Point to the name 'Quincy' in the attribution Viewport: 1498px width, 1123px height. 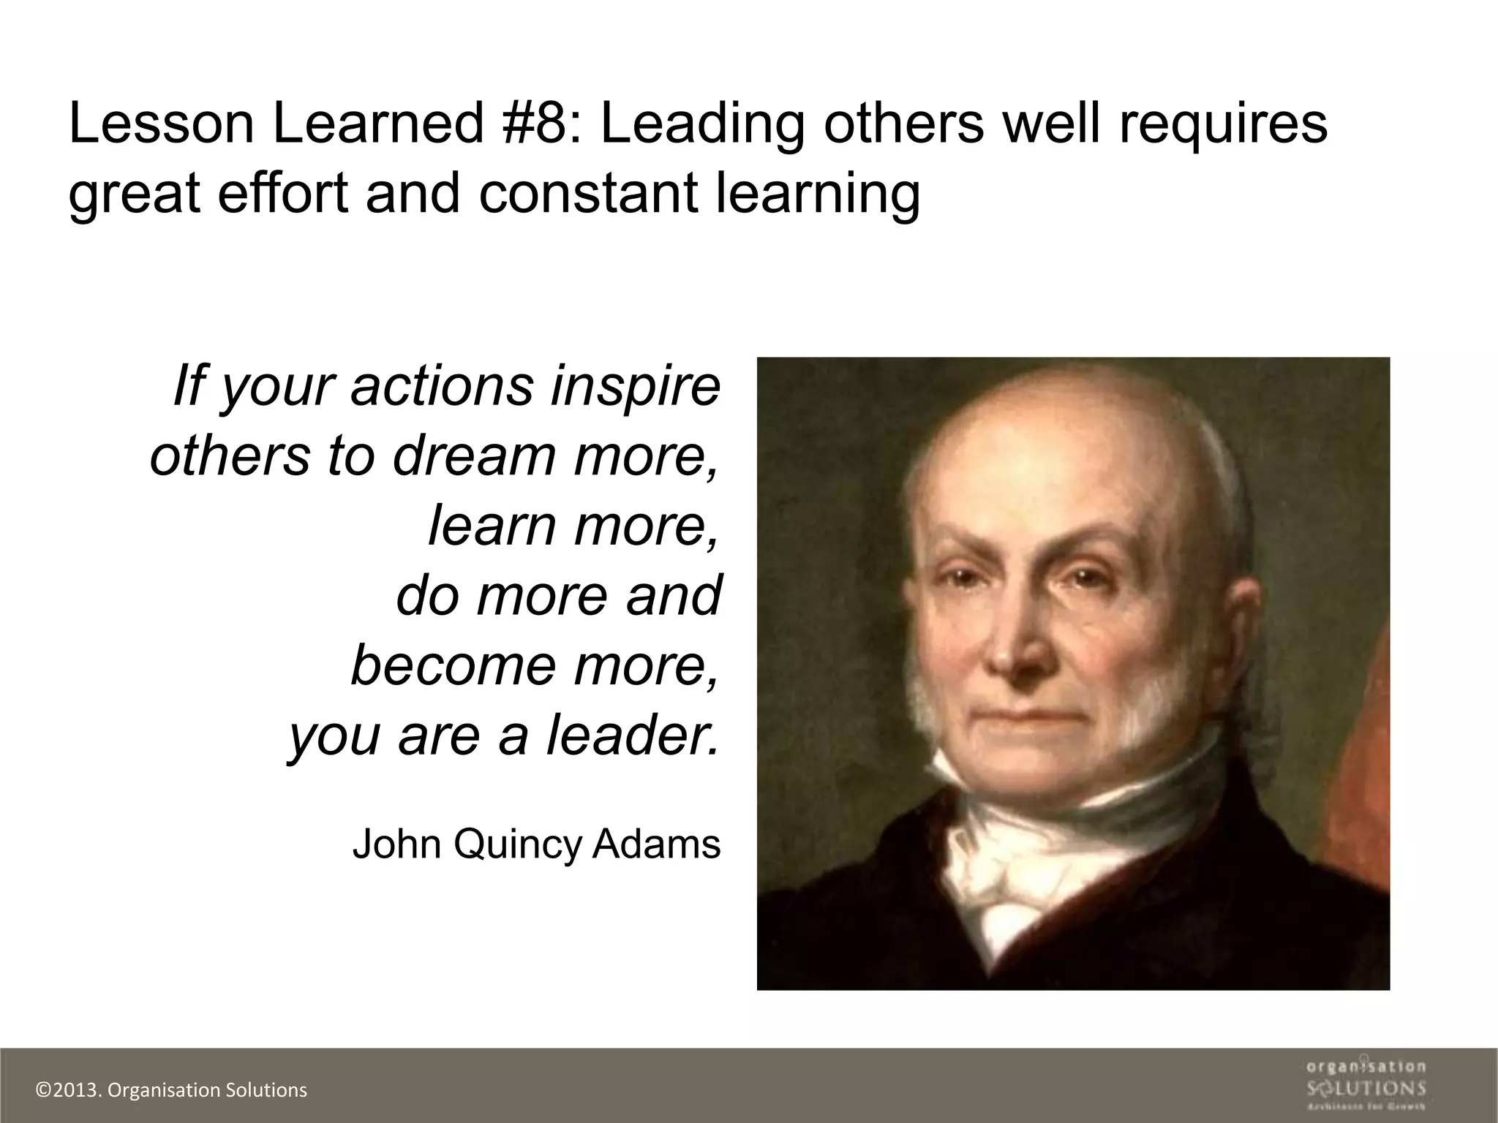click(516, 845)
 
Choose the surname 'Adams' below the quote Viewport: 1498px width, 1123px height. click(656, 844)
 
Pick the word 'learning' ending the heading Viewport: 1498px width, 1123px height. click(817, 194)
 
